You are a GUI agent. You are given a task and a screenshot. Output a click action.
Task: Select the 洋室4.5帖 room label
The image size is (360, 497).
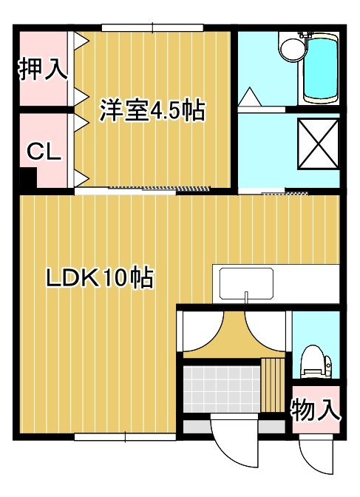[x=152, y=111]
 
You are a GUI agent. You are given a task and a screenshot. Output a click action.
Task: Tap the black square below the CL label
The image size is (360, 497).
[x=27, y=178]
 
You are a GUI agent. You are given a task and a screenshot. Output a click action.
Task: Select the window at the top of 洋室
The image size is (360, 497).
[x=152, y=28]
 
